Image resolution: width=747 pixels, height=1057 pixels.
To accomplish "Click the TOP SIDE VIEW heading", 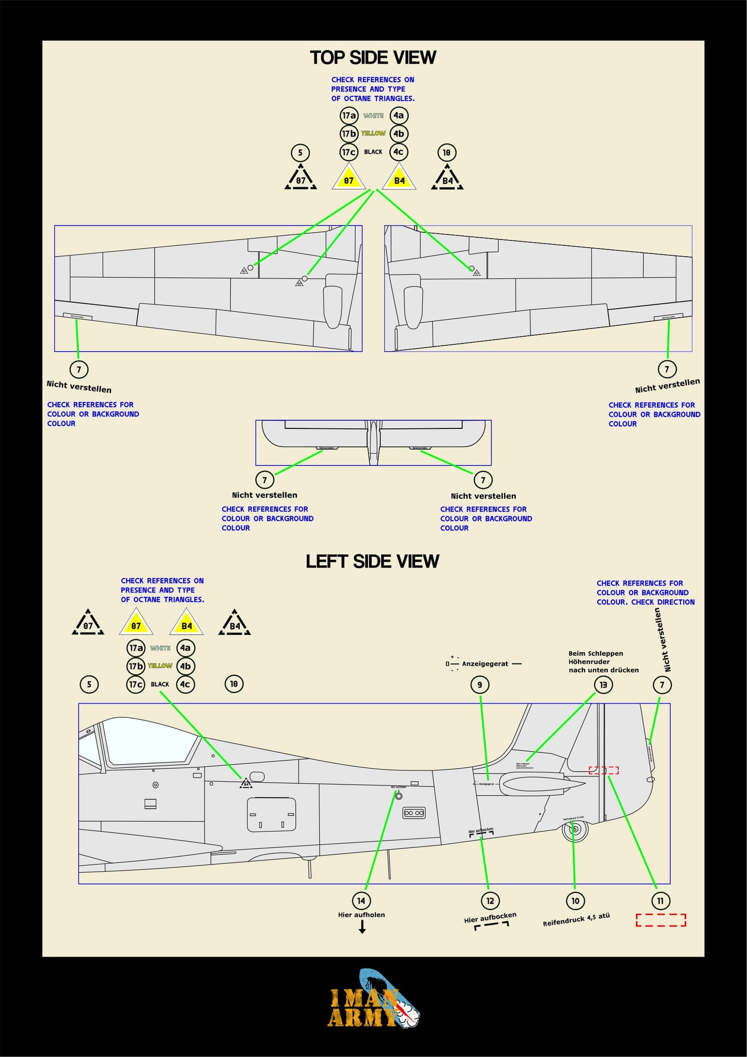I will coord(373,57).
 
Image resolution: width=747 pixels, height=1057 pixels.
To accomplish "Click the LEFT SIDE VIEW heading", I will coord(372,561).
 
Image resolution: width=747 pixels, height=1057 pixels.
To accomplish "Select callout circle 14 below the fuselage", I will coord(361,901).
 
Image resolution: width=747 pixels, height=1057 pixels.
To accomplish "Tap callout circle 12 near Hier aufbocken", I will coord(490,901).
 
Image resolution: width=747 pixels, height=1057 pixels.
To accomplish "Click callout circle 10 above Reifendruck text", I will coord(575,901).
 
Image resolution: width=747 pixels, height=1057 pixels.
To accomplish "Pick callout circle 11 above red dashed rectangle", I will coord(660,901).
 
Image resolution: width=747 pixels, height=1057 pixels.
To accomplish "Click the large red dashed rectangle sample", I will coord(661,920).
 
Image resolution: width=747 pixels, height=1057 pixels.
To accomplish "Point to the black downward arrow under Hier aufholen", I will coord(362,927).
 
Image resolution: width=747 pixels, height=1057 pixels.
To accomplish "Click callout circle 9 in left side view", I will coord(480,685).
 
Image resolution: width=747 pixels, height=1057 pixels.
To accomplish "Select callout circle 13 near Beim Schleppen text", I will coord(603,685).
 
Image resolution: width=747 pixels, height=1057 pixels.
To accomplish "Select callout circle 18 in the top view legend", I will coord(447,153).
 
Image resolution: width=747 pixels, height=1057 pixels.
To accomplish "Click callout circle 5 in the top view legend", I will coord(300,153).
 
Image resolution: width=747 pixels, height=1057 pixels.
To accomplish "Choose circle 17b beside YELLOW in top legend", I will coord(349,133).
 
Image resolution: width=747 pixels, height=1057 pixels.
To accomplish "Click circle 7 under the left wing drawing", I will coord(79,369).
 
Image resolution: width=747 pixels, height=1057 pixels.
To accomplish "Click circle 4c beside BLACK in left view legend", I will coord(185,684).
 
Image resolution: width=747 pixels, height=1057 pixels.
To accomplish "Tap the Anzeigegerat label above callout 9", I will coord(485,664).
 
